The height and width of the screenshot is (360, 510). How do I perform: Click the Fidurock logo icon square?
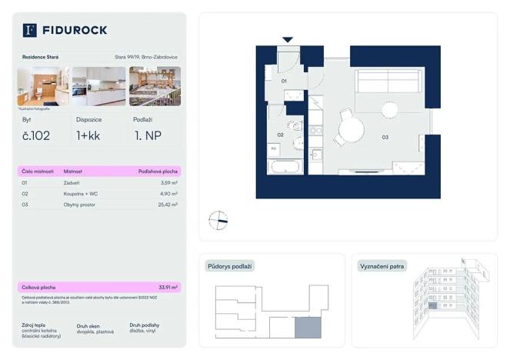(x=30, y=30)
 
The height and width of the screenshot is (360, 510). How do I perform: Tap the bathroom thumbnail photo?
(x=42, y=86)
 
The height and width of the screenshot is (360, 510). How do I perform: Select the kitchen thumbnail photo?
(x=98, y=86)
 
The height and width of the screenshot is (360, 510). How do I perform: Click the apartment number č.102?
(x=37, y=137)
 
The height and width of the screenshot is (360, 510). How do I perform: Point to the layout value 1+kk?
(x=88, y=137)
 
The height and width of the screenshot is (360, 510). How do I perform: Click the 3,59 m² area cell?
(x=168, y=183)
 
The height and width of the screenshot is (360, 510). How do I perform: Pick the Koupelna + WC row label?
(x=81, y=194)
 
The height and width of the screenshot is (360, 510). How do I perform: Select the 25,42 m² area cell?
(x=167, y=205)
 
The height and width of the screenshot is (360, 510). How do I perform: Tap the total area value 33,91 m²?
(x=167, y=287)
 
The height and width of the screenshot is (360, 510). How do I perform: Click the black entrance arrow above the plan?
(x=288, y=39)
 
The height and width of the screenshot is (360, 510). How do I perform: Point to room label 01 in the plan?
(x=283, y=80)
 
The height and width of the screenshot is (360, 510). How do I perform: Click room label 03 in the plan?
(x=385, y=138)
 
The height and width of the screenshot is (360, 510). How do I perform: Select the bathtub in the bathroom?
(x=286, y=168)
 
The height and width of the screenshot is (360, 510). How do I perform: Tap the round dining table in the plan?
(x=351, y=130)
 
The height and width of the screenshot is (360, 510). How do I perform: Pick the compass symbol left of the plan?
(x=218, y=221)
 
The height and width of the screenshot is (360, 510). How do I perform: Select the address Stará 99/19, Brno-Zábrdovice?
(x=147, y=57)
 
